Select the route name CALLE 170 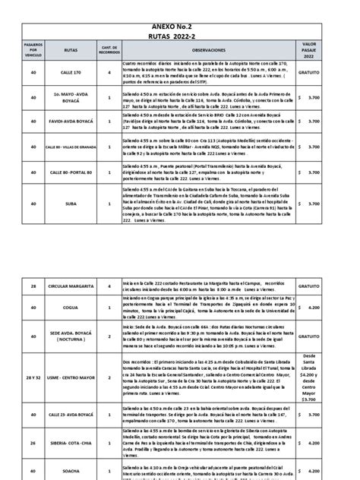coord(71,73)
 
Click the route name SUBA coord(71,204)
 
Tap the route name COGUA coord(71,308)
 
